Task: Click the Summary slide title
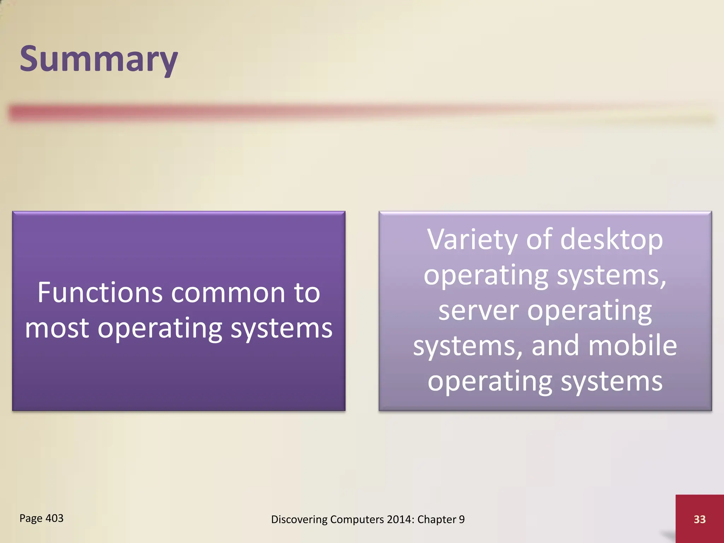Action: click(x=99, y=59)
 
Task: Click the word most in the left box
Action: click(x=57, y=328)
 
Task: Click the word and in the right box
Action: click(x=555, y=345)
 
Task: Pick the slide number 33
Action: click(x=700, y=519)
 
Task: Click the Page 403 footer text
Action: click(x=41, y=518)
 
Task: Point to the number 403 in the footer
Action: click(x=54, y=518)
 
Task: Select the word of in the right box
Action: click(x=539, y=240)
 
